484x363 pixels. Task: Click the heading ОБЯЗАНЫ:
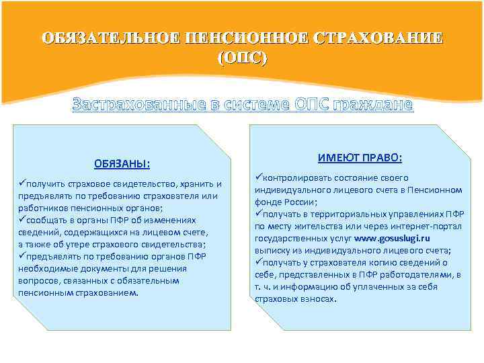[122, 164]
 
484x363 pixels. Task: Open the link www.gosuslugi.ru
[392, 238]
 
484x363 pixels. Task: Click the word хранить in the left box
[193, 184]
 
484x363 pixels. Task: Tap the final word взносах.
[315, 298]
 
